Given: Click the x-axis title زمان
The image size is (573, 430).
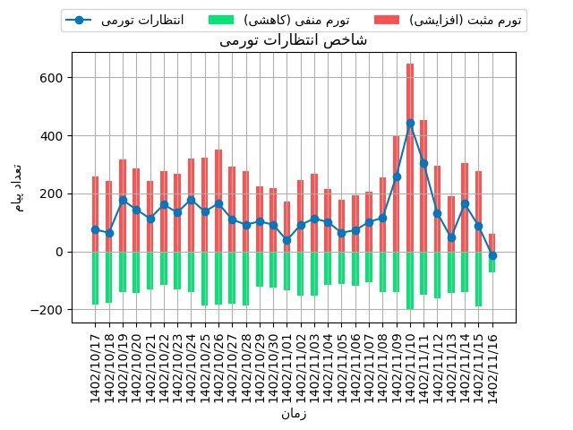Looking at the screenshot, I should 295,414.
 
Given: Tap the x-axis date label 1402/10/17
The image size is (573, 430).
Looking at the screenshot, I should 96,363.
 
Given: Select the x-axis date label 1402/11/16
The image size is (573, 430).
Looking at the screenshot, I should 492,363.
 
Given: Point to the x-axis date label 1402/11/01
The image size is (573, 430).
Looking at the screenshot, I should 286,363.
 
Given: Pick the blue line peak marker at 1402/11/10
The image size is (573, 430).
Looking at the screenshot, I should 410,123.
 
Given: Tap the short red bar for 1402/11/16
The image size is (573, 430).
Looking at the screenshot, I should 492,243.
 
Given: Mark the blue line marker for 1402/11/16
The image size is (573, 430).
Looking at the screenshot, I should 492,255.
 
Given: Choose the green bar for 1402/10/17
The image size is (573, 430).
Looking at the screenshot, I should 96,278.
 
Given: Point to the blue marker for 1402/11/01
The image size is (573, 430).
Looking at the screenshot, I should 286,240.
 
